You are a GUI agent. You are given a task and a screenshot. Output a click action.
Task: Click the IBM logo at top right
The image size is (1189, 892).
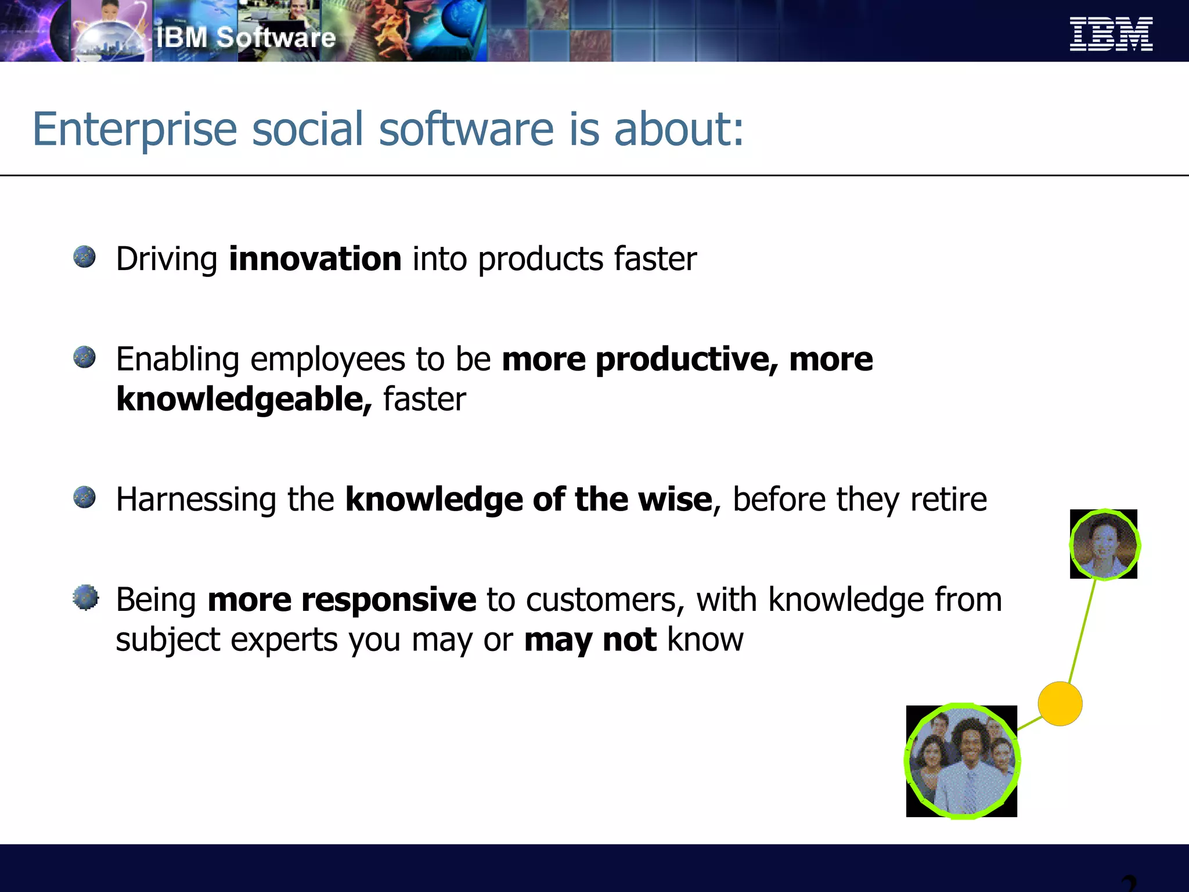(x=1111, y=34)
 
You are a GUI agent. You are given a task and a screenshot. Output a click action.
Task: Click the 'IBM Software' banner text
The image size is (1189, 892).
(x=246, y=38)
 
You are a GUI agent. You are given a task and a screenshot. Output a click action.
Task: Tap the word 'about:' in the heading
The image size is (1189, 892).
(x=679, y=128)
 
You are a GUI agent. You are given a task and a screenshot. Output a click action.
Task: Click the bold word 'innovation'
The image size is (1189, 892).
(x=315, y=259)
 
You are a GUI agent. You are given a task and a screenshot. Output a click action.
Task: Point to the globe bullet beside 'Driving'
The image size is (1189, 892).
(x=85, y=257)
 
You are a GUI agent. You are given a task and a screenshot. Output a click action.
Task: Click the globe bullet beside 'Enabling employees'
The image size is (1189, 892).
(x=85, y=357)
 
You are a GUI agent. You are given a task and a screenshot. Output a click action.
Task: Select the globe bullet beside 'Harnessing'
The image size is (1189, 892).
(x=85, y=498)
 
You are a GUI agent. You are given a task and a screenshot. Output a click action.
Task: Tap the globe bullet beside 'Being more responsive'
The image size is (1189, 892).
(x=86, y=598)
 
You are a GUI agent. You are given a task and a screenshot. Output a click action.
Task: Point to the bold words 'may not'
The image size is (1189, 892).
(x=590, y=640)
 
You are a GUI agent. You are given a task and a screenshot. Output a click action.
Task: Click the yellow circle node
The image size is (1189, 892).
(x=1060, y=704)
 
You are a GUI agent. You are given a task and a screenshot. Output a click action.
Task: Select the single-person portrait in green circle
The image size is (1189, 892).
(x=1104, y=545)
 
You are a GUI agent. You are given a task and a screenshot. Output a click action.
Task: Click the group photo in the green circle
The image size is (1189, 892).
(x=961, y=761)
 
